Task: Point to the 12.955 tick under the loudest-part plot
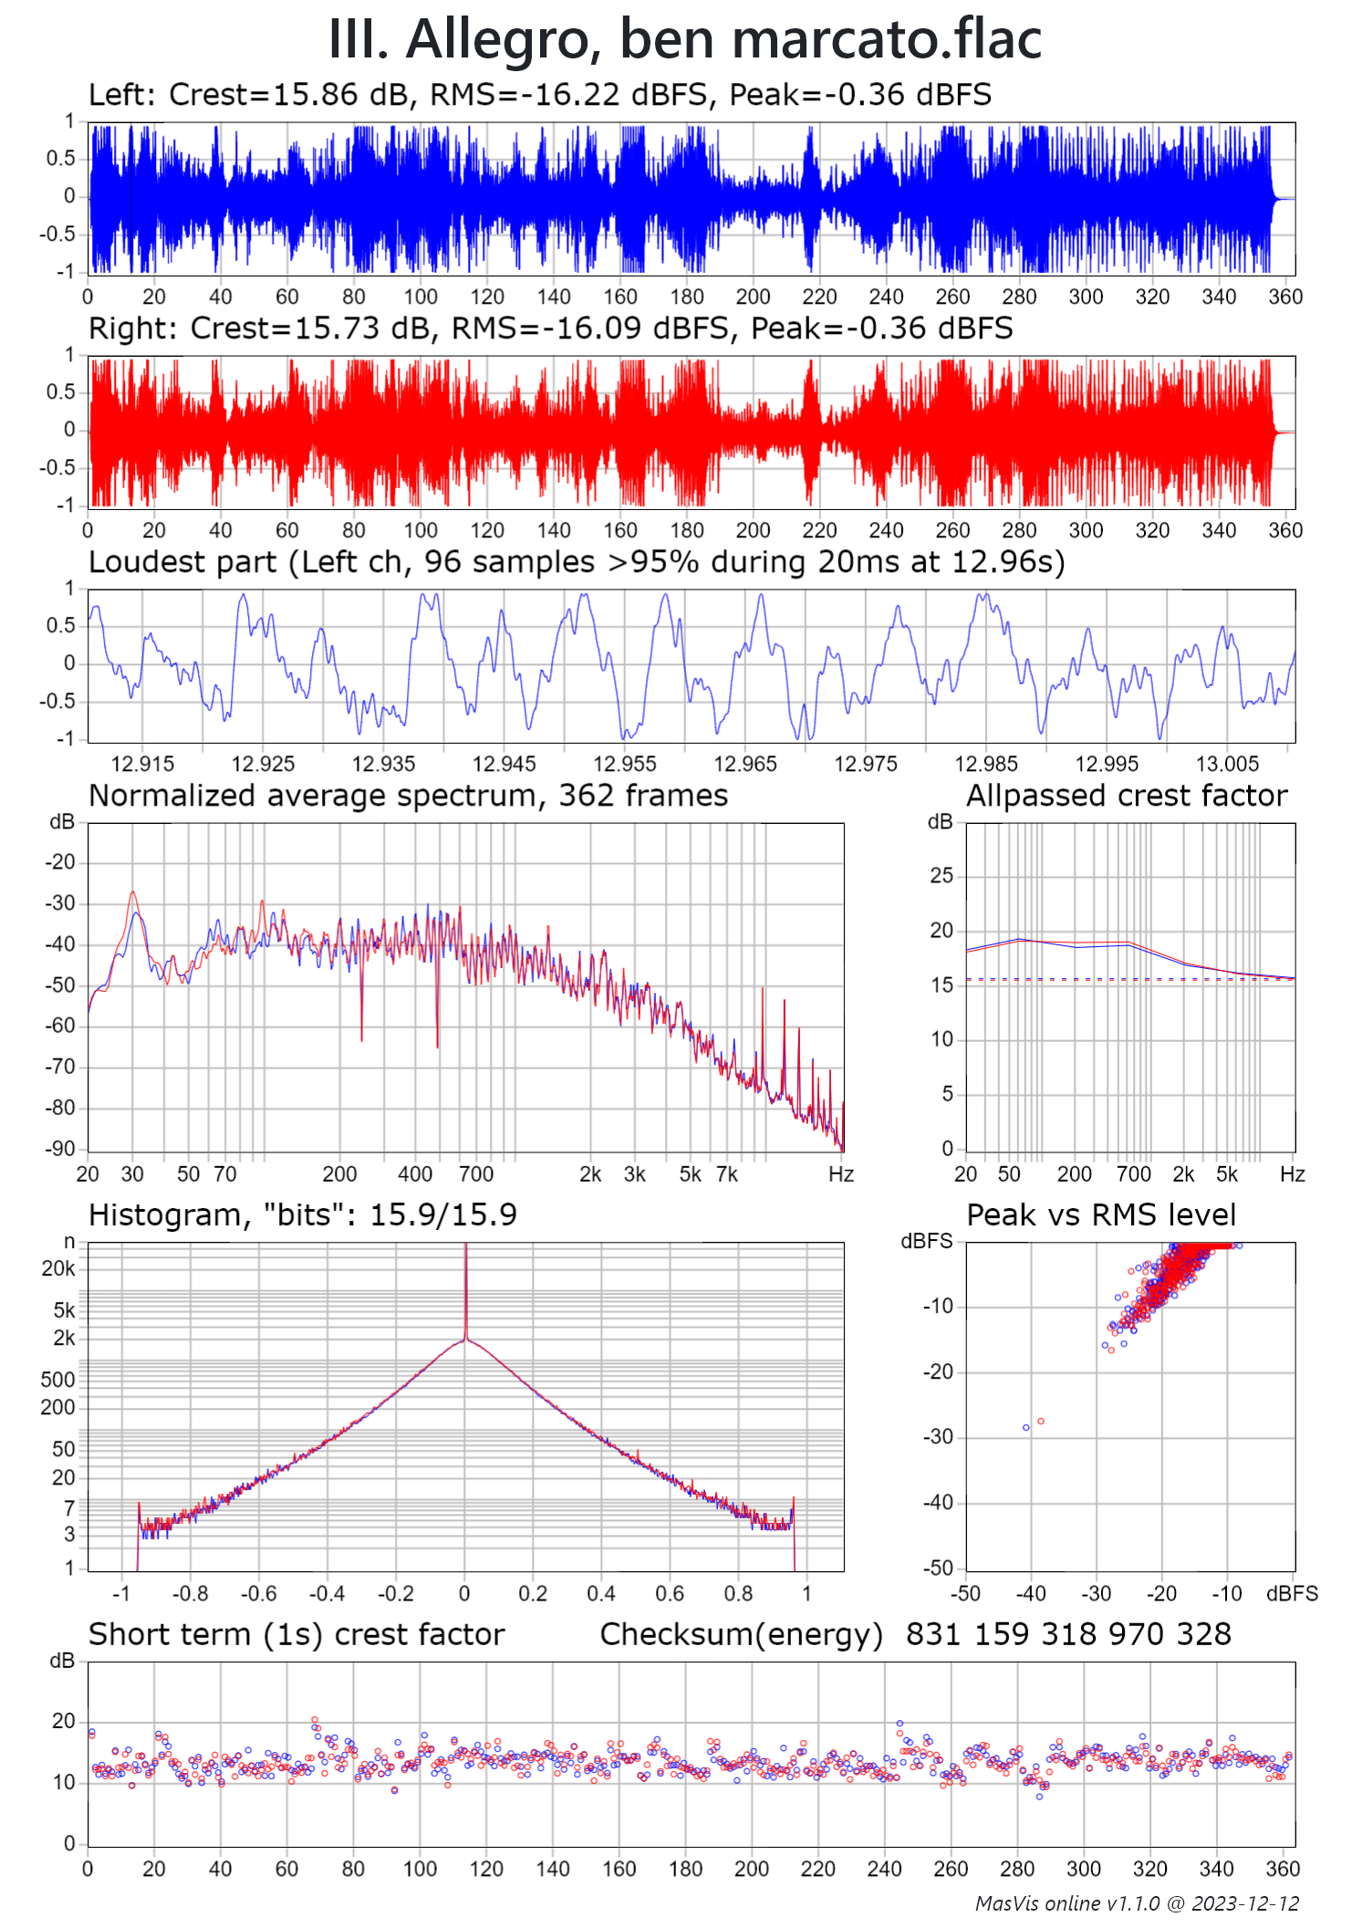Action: [x=624, y=764]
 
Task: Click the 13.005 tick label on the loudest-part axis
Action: [x=1227, y=764]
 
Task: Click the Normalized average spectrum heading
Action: [x=408, y=796]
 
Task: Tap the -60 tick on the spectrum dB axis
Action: [x=62, y=1026]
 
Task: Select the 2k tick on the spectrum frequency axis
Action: [x=590, y=1174]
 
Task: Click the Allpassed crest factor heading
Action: [x=1127, y=796]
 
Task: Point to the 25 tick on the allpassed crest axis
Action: [x=941, y=876]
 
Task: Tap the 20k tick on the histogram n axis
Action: [x=58, y=1268]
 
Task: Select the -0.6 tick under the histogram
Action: [x=259, y=1594]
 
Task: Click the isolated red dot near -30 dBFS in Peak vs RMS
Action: [x=1041, y=1422]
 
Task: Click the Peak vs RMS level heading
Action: [x=1101, y=1215]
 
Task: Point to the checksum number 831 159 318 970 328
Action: [x=1068, y=1634]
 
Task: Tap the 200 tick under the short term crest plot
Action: [x=752, y=1869]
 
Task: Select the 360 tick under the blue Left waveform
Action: [x=1285, y=297]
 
